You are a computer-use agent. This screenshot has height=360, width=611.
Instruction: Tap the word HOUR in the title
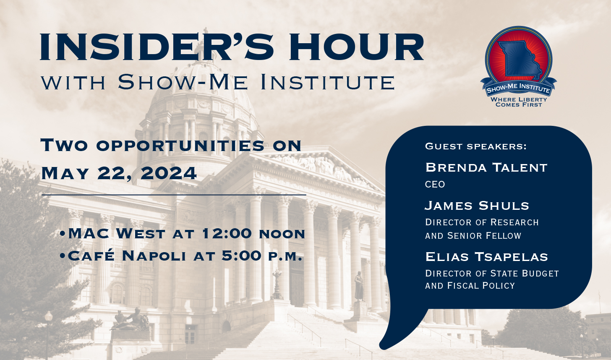tap(357, 47)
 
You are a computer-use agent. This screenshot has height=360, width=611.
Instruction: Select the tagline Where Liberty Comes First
tap(519, 102)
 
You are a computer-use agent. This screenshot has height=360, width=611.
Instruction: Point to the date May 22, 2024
tap(119, 173)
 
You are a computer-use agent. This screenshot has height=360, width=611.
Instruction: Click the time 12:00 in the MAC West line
tap(227, 233)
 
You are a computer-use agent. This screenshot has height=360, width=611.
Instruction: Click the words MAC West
tap(117, 233)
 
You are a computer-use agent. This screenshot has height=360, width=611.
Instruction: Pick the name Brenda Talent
tap(486, 167)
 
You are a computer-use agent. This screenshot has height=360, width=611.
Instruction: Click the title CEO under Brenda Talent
tap(435, 184)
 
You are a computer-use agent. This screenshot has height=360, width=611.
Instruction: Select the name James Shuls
tap(477, 206)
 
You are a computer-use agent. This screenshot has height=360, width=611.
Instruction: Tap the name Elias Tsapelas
tap(487, 257)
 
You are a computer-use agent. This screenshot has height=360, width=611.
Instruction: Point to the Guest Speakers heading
tap(476, 146)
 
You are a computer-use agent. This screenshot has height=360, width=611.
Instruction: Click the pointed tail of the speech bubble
tap(382, 347)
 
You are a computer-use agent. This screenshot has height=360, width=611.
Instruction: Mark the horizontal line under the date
tap(174, 195)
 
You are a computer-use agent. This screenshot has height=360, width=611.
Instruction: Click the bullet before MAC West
tap(63, 234)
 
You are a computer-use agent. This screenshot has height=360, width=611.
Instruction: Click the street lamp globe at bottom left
tap(49, 317)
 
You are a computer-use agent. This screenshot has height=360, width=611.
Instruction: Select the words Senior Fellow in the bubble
tap(484, 236)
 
